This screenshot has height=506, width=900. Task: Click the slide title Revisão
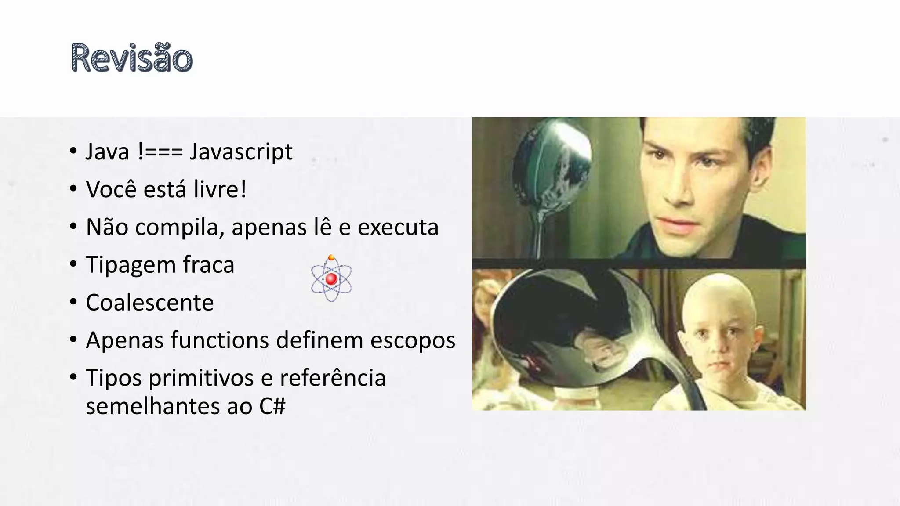point(131,58)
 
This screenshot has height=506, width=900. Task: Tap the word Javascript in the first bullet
point(241,152)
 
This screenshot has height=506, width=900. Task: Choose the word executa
point(398,228)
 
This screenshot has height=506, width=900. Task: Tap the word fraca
point(209,265)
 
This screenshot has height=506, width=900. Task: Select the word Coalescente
point(149,303)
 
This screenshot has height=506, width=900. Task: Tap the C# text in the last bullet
point(272,406)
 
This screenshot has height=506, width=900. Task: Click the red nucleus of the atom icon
point(331,278)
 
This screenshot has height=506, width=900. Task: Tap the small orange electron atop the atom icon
point(331,258)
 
